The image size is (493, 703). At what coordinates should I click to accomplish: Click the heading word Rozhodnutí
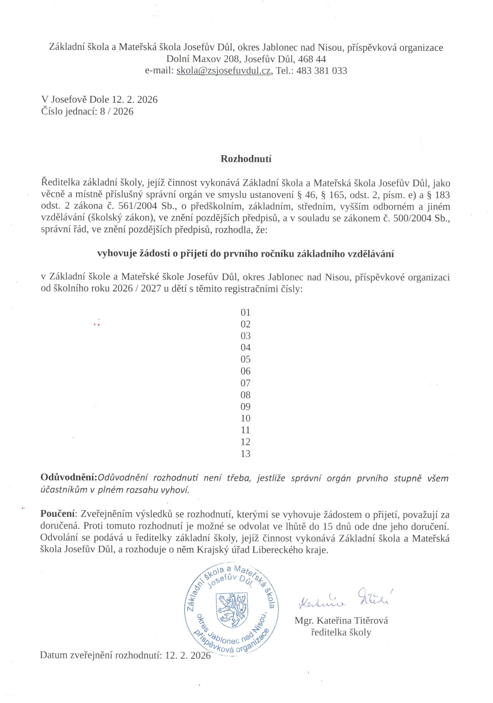pos(246,159)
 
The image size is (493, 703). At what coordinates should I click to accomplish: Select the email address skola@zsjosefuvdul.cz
pos(223,71)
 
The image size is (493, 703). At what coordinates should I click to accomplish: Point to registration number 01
pos(246,312)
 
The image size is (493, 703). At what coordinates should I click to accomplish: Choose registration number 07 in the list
pos(246,383)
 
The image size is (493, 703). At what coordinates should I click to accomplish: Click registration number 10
pos(246,418)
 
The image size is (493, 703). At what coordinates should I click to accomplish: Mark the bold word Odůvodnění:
pos(69,478)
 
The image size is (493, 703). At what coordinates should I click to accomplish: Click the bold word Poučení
pos(58,514)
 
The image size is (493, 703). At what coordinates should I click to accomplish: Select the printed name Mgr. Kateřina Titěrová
pos(341,621)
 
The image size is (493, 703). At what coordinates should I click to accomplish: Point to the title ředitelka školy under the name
pos(341,632)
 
